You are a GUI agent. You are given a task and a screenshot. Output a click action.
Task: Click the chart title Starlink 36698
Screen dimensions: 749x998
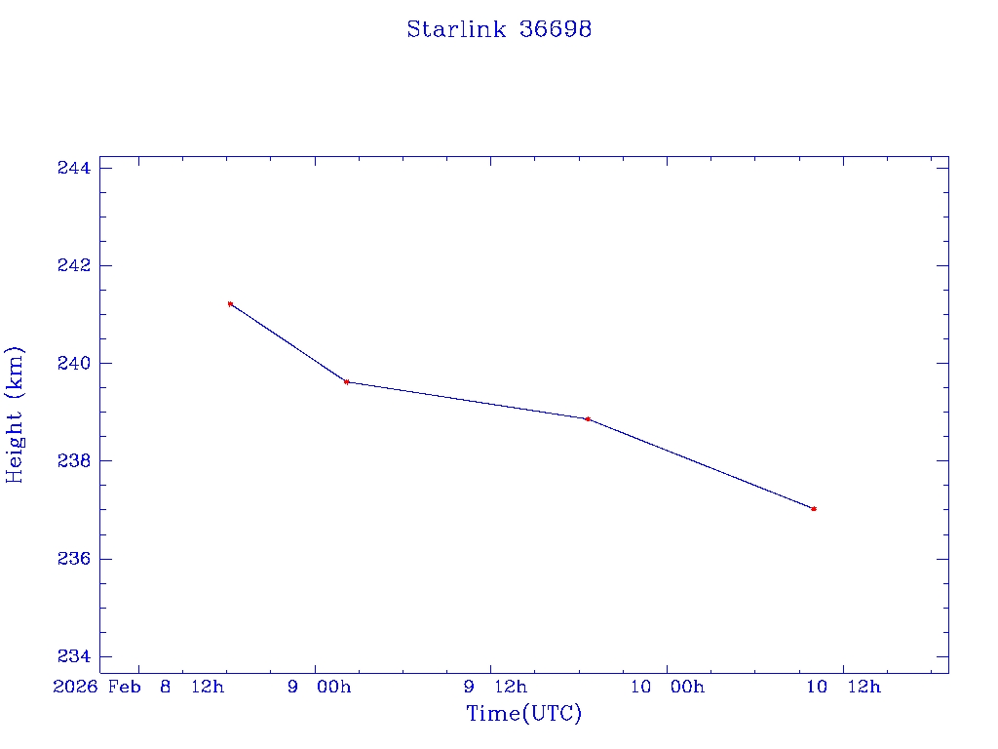(499, 29)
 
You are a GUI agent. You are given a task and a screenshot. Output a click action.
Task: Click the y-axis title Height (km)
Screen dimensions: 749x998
(15, 414)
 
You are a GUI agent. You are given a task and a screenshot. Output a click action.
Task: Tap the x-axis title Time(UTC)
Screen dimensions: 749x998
(523, 714)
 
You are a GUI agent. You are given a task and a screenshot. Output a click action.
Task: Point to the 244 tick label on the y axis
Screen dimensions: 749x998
(74, 168)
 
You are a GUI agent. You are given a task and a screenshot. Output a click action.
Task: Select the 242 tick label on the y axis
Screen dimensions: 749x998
(74, 265)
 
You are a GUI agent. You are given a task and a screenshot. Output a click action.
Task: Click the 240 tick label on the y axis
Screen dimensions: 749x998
(74, 363)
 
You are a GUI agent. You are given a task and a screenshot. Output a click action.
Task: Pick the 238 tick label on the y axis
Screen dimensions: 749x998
(74, 460)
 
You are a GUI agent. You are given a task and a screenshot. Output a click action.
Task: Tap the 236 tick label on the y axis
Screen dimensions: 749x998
(74, 559)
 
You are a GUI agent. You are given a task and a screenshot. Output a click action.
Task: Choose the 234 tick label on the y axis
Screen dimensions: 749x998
(74, 656)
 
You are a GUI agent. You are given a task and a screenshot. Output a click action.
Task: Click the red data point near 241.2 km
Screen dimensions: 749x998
(230, 304)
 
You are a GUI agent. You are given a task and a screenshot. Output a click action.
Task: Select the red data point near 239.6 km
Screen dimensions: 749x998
(347, 382)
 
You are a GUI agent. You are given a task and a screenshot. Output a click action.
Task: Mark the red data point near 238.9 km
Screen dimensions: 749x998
(588, 419)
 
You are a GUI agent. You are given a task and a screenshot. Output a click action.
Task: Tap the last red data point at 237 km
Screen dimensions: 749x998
(814, 509)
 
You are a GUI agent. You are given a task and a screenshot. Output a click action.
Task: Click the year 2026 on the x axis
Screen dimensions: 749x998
(75, 688)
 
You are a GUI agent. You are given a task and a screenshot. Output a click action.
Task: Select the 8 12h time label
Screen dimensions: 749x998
(191, 688)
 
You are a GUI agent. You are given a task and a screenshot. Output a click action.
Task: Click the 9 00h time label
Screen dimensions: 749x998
(319, 688)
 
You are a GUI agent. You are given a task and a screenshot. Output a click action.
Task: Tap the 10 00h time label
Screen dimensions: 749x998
(667, 688)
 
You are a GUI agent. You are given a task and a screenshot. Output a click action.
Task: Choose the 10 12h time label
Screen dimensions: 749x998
(843, 688)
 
